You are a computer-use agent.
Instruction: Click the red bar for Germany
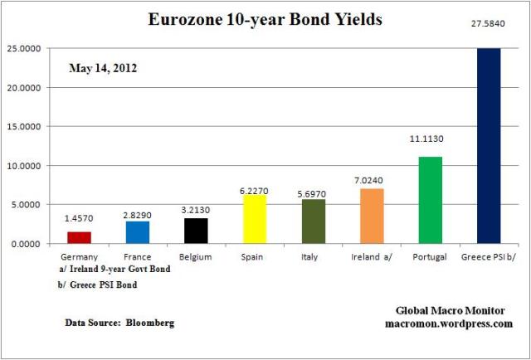pyautogui.click(x=79, y=237)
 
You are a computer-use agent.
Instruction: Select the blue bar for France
pyautogui.click(x=137, y=232)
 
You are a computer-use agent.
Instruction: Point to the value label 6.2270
pyautogui.click(x=252, y=191)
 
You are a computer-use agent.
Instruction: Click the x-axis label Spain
pyautogui.click(x=252, y=257)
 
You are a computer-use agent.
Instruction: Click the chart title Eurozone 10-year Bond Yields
pyautogui.click(x=265, y=18)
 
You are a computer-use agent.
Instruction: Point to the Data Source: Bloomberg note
pyautogui.click(x=119, y=321)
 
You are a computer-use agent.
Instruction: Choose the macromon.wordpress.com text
pyautogui.click(x=448, y=324)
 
